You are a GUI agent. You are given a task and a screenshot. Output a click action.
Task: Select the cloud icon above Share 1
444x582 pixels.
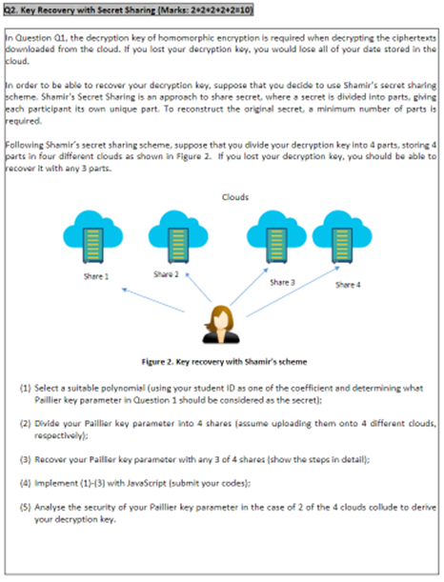click(x=94, y=238)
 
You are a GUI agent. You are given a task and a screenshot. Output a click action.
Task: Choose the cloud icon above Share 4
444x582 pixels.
click(x=341, y=238)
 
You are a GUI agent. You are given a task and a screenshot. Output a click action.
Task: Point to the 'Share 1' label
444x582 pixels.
click(x=93, y=277)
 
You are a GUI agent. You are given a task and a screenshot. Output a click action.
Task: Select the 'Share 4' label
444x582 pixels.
click(x=348, y=284)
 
